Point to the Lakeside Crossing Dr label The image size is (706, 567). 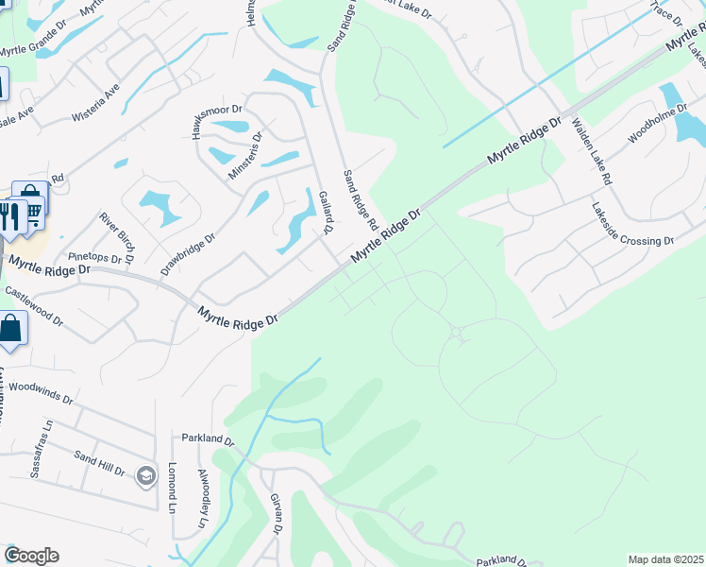pyautogui.click(x=631, y=226)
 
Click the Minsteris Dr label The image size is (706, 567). pyautogui.click(x=246, y=156)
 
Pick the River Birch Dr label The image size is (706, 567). pyautogui.click(x=116, y=237)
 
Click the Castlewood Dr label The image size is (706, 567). pyautogui.click(x=33, y=306)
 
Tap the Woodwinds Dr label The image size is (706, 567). pyautogui.click(x=40, y=391)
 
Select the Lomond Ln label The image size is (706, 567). pyautogui.click(x=173, y=482)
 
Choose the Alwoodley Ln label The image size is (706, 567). pyautogui.click(x=202, y=497)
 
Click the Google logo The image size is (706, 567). pyautogui.click(x=31, y=556)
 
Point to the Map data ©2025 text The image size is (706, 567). pyautogui.click(x=665, y=559)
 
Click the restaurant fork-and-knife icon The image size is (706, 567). pyautogui.click(x=11, y=216)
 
